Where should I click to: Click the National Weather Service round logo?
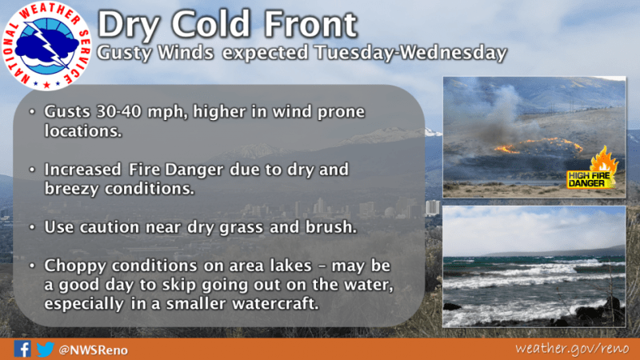46,46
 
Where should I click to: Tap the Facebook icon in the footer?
22,349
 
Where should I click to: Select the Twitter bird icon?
45,349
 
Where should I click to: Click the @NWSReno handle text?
93,350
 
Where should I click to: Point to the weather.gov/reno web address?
572,348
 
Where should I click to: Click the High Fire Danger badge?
592,171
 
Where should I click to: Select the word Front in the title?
310,25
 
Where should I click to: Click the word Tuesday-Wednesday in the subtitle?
410,53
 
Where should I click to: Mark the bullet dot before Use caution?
32,227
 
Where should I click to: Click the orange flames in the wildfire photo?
538,146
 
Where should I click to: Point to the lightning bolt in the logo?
49,46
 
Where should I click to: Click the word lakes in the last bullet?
290,266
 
